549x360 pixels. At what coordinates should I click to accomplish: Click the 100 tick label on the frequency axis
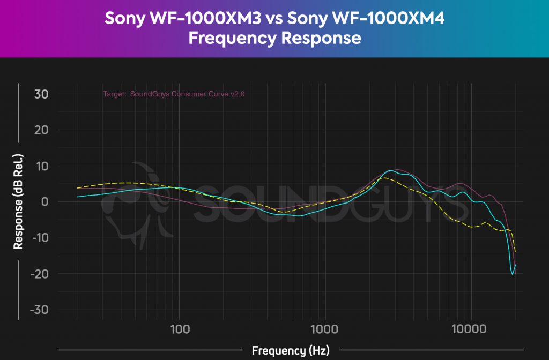180,328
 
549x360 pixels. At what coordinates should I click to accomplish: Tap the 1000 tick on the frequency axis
325,328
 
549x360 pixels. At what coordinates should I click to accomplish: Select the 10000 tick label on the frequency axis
471,328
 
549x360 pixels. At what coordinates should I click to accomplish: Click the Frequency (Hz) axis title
291,351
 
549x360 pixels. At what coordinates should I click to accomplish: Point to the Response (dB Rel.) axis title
18,201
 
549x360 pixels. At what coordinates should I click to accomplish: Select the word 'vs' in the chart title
273,19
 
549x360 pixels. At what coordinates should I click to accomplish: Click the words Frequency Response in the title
274,39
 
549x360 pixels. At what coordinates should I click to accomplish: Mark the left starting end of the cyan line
77,197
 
